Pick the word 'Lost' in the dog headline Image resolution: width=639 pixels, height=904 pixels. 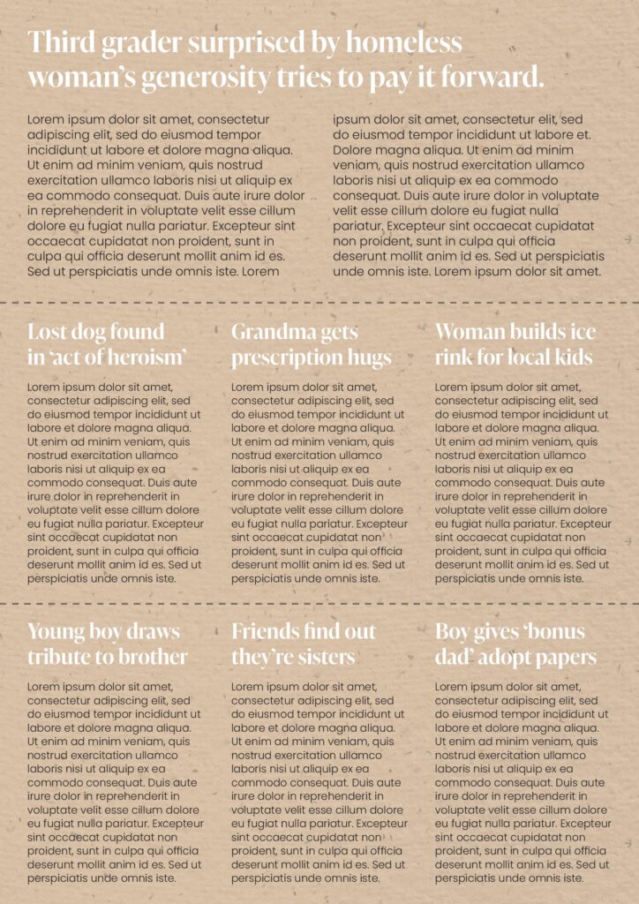[49, 332]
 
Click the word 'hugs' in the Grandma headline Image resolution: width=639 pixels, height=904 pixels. [371, 358]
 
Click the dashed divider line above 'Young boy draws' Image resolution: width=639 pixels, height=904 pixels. [319, 604]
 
